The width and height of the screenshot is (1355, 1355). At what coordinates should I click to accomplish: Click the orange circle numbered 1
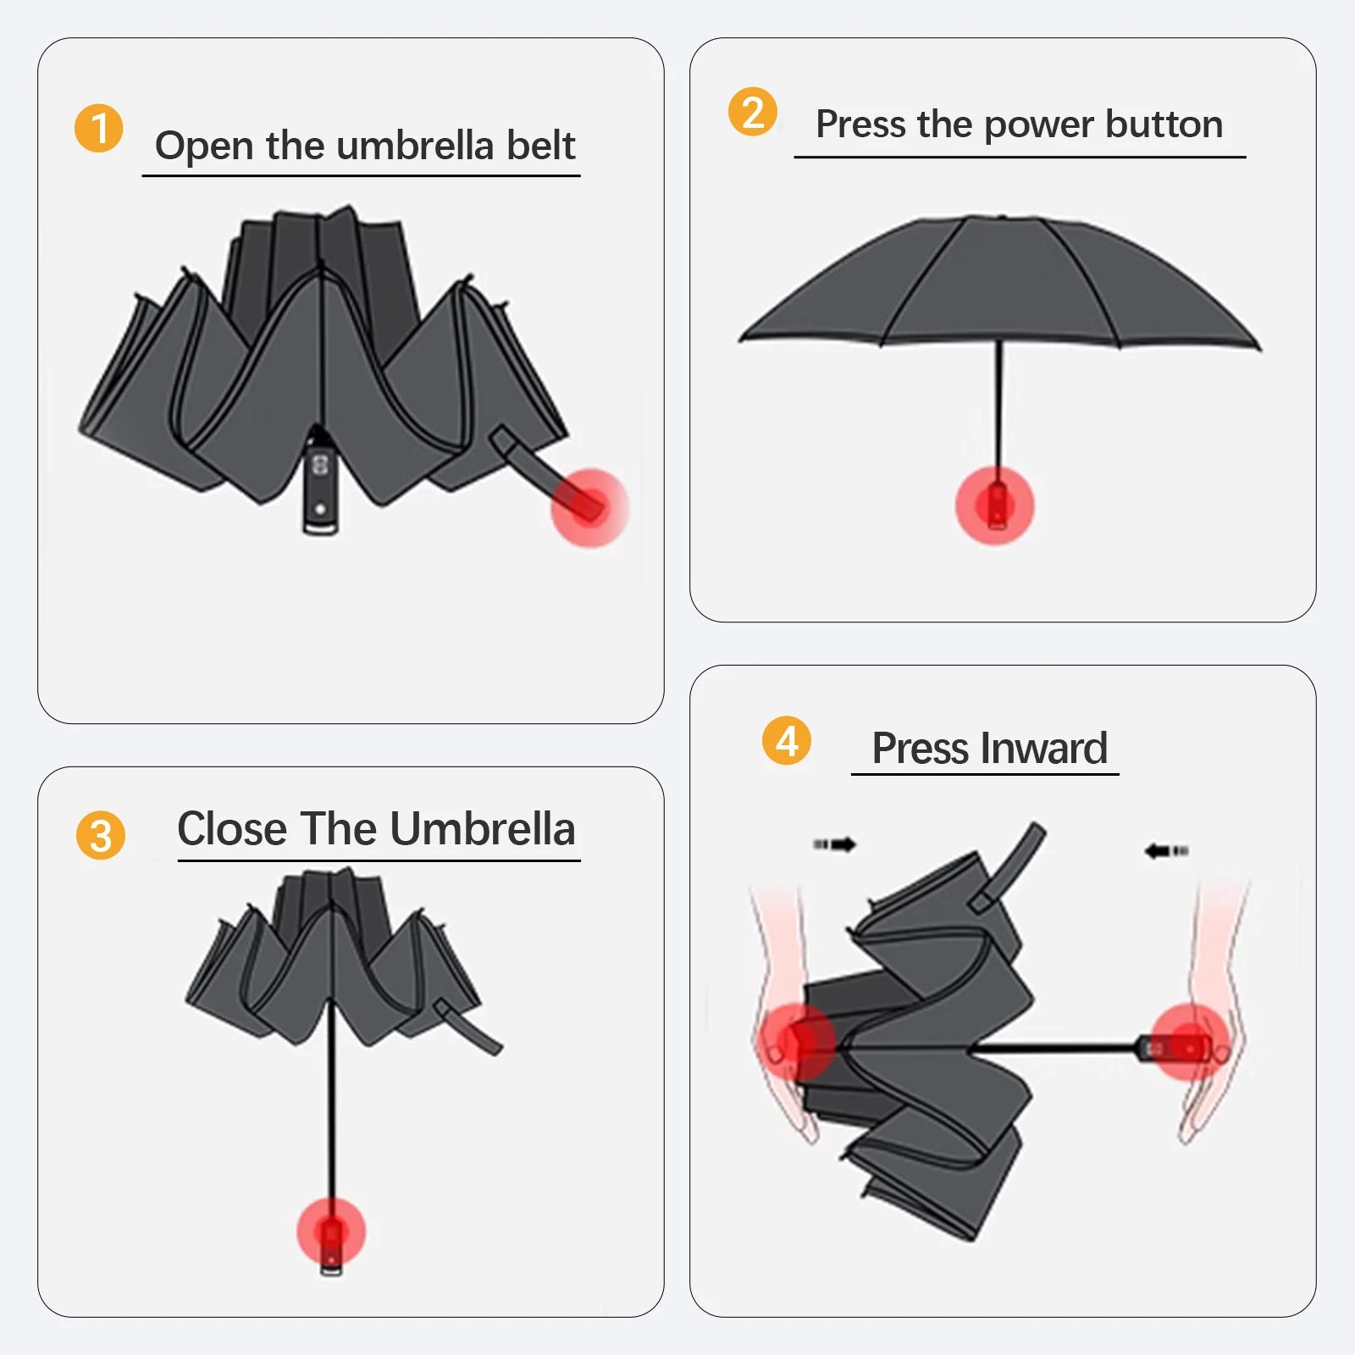(x=99, y=129)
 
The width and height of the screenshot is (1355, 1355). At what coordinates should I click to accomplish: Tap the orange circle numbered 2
(x=752, y=112)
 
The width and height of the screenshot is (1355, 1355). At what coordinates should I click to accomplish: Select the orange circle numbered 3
(x=100, y=835)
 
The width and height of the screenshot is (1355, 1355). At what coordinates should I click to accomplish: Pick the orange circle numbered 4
(x=786, y=740)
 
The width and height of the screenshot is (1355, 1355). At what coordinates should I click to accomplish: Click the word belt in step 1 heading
(x=540, y=146)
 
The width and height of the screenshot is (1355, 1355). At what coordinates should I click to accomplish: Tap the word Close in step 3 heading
(x=233, y=828)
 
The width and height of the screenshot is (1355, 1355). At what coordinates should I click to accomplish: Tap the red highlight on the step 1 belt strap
(x=589, y=508)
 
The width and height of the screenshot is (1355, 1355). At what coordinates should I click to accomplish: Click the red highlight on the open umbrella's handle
(x=995, y=506)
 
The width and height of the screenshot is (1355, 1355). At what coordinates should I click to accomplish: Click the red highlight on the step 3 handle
(x=331, y=1233)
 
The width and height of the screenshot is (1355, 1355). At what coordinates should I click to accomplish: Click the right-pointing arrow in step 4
(x=835, y=844)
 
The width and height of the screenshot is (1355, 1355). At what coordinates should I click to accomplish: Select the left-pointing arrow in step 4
(x=1166, y=850)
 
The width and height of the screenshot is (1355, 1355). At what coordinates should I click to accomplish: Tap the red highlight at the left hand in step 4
(x=796, y=1042)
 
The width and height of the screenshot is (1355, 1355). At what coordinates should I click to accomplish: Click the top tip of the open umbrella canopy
(x=1001, y=218)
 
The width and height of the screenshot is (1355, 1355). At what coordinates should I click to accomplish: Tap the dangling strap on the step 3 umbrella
(x=467, y=1027)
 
